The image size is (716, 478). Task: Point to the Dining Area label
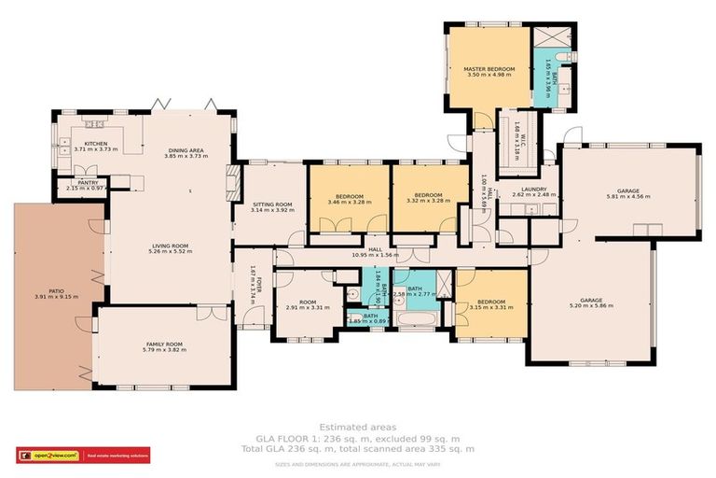point(186,150)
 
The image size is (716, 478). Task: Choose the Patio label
point(57,291)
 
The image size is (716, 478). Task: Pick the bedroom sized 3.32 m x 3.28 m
point(428,202)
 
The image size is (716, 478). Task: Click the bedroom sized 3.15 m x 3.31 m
point(491,307)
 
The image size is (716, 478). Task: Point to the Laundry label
point(534,190)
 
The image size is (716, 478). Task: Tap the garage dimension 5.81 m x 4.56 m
point(627,197)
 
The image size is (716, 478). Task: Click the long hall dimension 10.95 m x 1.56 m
point(376,255)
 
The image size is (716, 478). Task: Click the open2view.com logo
point(43,456)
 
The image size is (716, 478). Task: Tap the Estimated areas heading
point(358,427)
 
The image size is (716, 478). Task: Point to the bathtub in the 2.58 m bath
point(414,322)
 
